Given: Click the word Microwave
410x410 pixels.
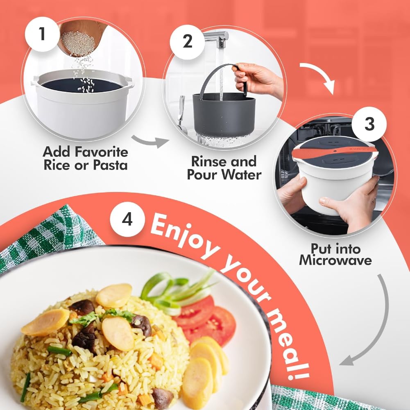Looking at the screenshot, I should click(335, 260).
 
